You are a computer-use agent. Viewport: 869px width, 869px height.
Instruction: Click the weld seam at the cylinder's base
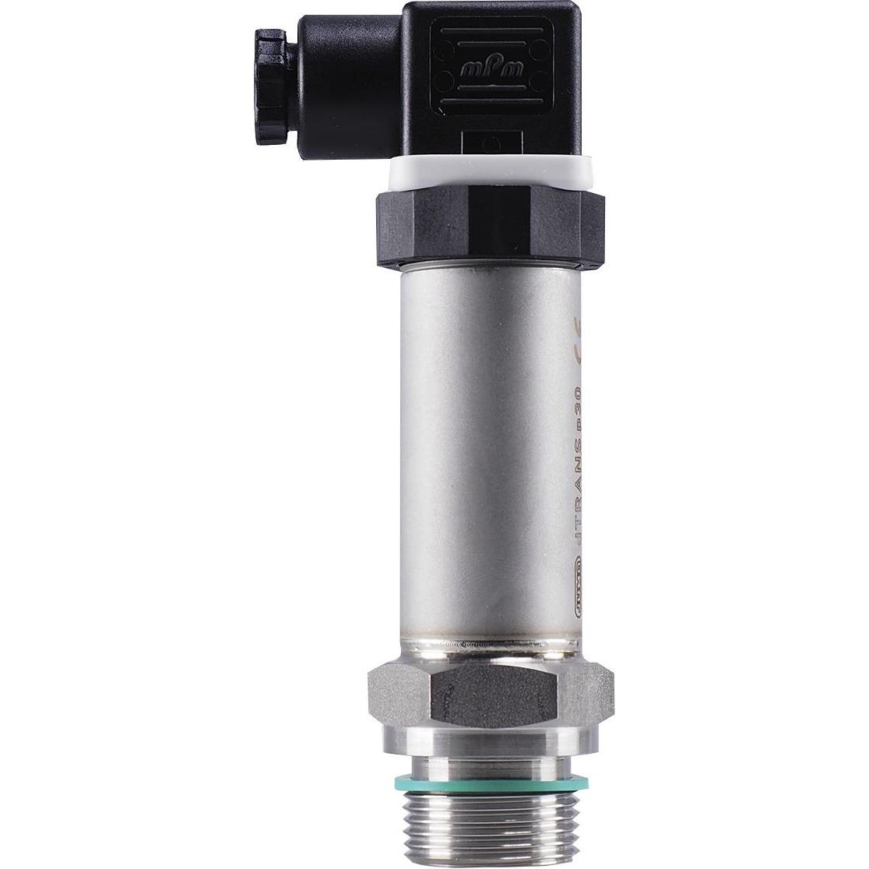tap(491, 646)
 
